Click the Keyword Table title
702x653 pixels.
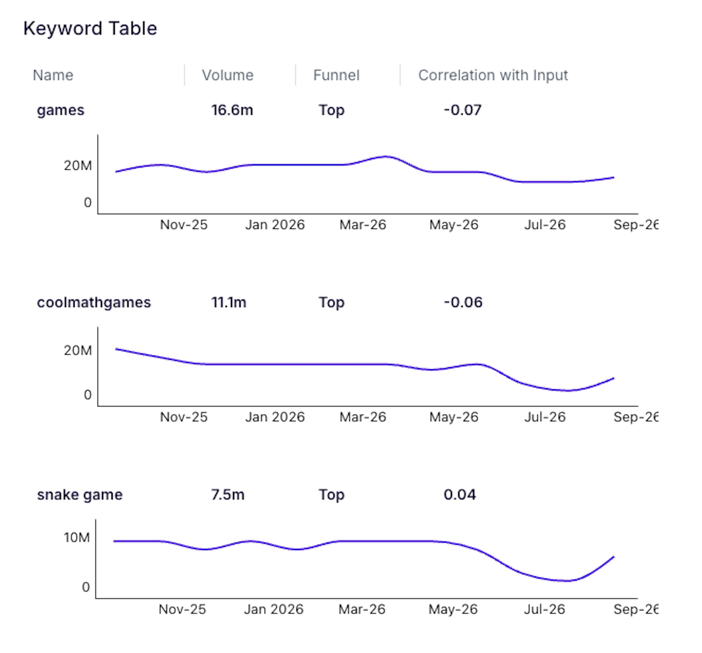click(x=90, y=29)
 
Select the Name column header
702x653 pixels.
click(x=53, y=75)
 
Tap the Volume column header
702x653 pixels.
click(x=228, y=75)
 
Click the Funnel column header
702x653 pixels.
click(x=337, y=75)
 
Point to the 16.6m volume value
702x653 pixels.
click(x=232, y=110)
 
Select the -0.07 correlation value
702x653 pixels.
click(x=463, y=110)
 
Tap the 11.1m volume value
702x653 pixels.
click(x=229, y=303)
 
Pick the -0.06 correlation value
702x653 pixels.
click(x=463, y=303)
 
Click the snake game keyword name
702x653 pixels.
click(x=80, y=495)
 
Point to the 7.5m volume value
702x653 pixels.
click(x=228, y=495)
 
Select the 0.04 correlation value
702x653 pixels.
click(x=460, y=495)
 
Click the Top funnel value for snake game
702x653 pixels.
click(x=332, y=495)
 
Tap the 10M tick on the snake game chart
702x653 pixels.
click(x=77, y=538)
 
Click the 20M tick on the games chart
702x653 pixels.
click(x=78, y=166)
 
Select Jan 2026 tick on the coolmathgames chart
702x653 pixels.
click(x=275, y=417)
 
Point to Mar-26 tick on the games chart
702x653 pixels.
click(x=363, y=225)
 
